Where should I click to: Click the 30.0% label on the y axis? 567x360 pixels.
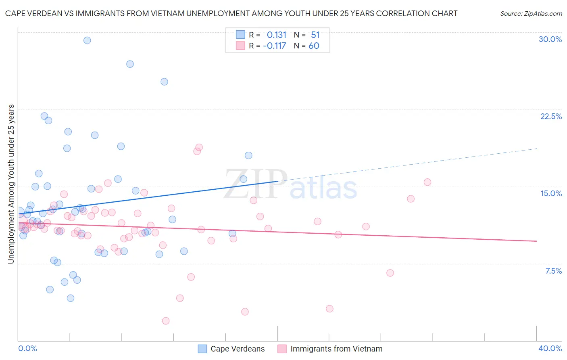(550, 39)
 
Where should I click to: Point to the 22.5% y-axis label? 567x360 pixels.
(551, 116)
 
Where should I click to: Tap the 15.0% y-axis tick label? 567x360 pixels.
(551, 193)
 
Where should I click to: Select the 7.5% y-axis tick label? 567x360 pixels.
(553, 271)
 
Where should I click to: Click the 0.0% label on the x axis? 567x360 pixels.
(27, 348)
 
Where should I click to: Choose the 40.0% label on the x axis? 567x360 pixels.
(550, 348)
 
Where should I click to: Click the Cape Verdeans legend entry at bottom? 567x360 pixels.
(238, 349)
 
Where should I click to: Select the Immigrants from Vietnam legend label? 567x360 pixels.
(336, 349)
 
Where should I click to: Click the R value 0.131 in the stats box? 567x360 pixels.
(276, 35)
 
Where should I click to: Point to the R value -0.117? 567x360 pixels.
(274, 46)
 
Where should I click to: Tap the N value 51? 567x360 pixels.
(315, 35)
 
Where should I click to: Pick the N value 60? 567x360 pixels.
(314, 46)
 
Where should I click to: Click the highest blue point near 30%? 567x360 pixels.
(87, 40)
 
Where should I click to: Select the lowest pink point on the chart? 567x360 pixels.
(165, 321)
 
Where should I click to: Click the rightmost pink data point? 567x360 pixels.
(427, 182)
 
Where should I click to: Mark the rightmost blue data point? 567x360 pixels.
(248, 155)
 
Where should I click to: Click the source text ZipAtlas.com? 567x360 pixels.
(531, 13)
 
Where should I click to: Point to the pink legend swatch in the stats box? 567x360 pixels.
(240, 46)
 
